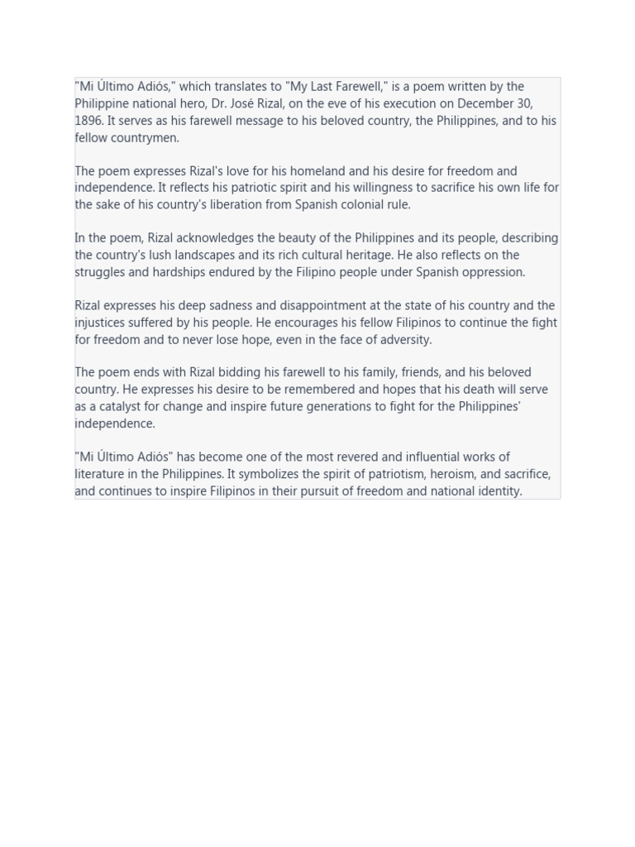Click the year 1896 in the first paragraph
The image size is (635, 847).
click(x=88, y=121)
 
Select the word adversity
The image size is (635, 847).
click(x=404, y=339)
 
